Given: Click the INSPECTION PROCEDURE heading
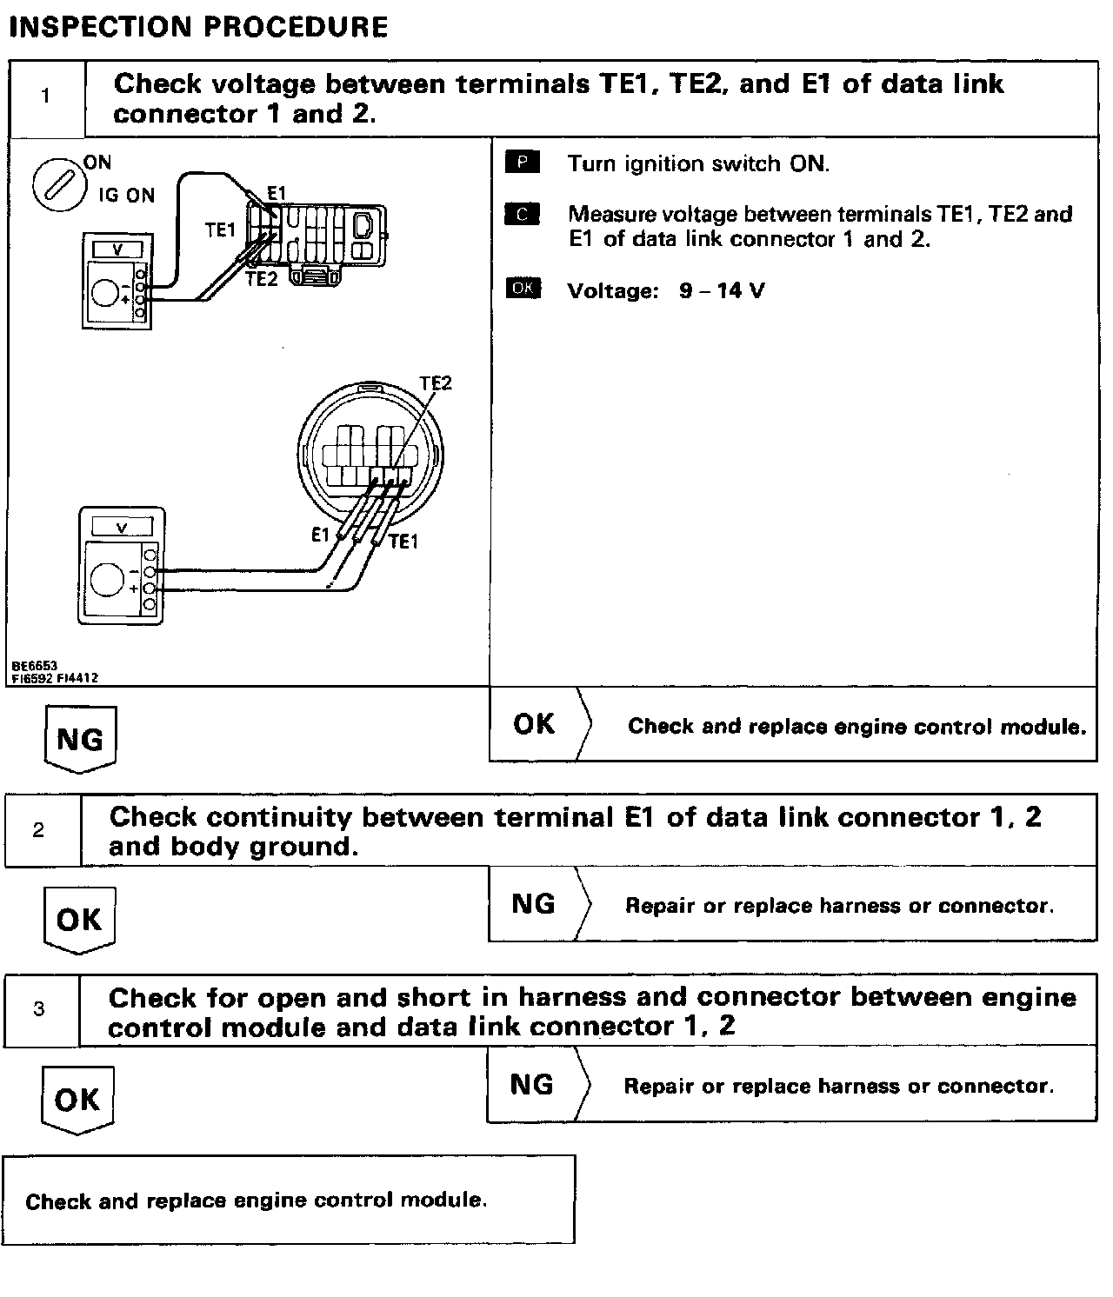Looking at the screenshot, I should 198,27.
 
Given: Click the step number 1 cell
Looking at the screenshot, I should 46,96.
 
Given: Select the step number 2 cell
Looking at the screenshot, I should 39,830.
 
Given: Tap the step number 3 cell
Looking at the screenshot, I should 39,1009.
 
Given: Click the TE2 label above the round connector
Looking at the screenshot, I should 436,383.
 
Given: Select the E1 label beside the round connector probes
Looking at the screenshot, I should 321,535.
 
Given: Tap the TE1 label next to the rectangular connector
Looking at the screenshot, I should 220,230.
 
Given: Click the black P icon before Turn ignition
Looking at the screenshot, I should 522,163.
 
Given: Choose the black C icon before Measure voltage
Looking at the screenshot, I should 522,214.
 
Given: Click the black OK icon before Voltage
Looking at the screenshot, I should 523,289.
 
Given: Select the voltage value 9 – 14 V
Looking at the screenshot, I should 722,290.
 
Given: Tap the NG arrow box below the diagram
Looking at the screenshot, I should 79,740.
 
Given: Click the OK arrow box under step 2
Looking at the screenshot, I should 79,920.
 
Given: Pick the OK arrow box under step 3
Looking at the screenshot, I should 77,1100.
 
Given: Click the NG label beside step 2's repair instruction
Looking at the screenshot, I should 533,904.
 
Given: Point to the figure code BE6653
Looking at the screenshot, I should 35,666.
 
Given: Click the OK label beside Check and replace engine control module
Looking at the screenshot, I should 534,724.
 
